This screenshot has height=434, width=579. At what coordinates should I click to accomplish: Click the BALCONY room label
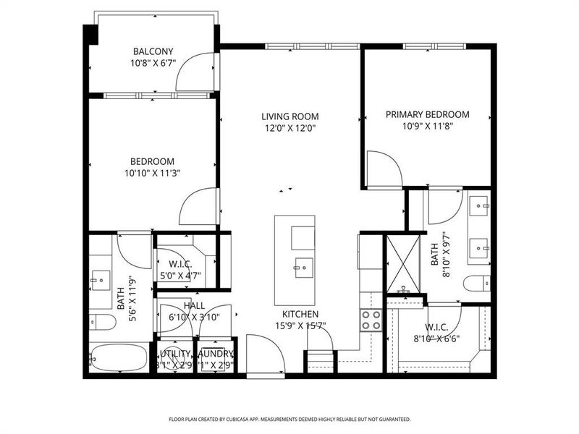pos(153,51)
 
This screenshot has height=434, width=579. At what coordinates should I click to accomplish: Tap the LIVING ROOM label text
pos(290,116)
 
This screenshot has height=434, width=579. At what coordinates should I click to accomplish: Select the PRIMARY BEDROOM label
pos(427,114)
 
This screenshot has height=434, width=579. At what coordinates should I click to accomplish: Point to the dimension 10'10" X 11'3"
pos(152,173)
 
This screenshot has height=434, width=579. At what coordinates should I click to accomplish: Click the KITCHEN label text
pos(300,315)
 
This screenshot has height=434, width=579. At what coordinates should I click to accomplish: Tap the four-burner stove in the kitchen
pos(371,320)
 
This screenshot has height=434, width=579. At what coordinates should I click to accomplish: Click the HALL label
pos(193,306)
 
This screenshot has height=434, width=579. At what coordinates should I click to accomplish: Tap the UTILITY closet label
pos(176,353)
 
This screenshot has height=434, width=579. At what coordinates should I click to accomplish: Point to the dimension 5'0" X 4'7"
pos(179,276)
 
